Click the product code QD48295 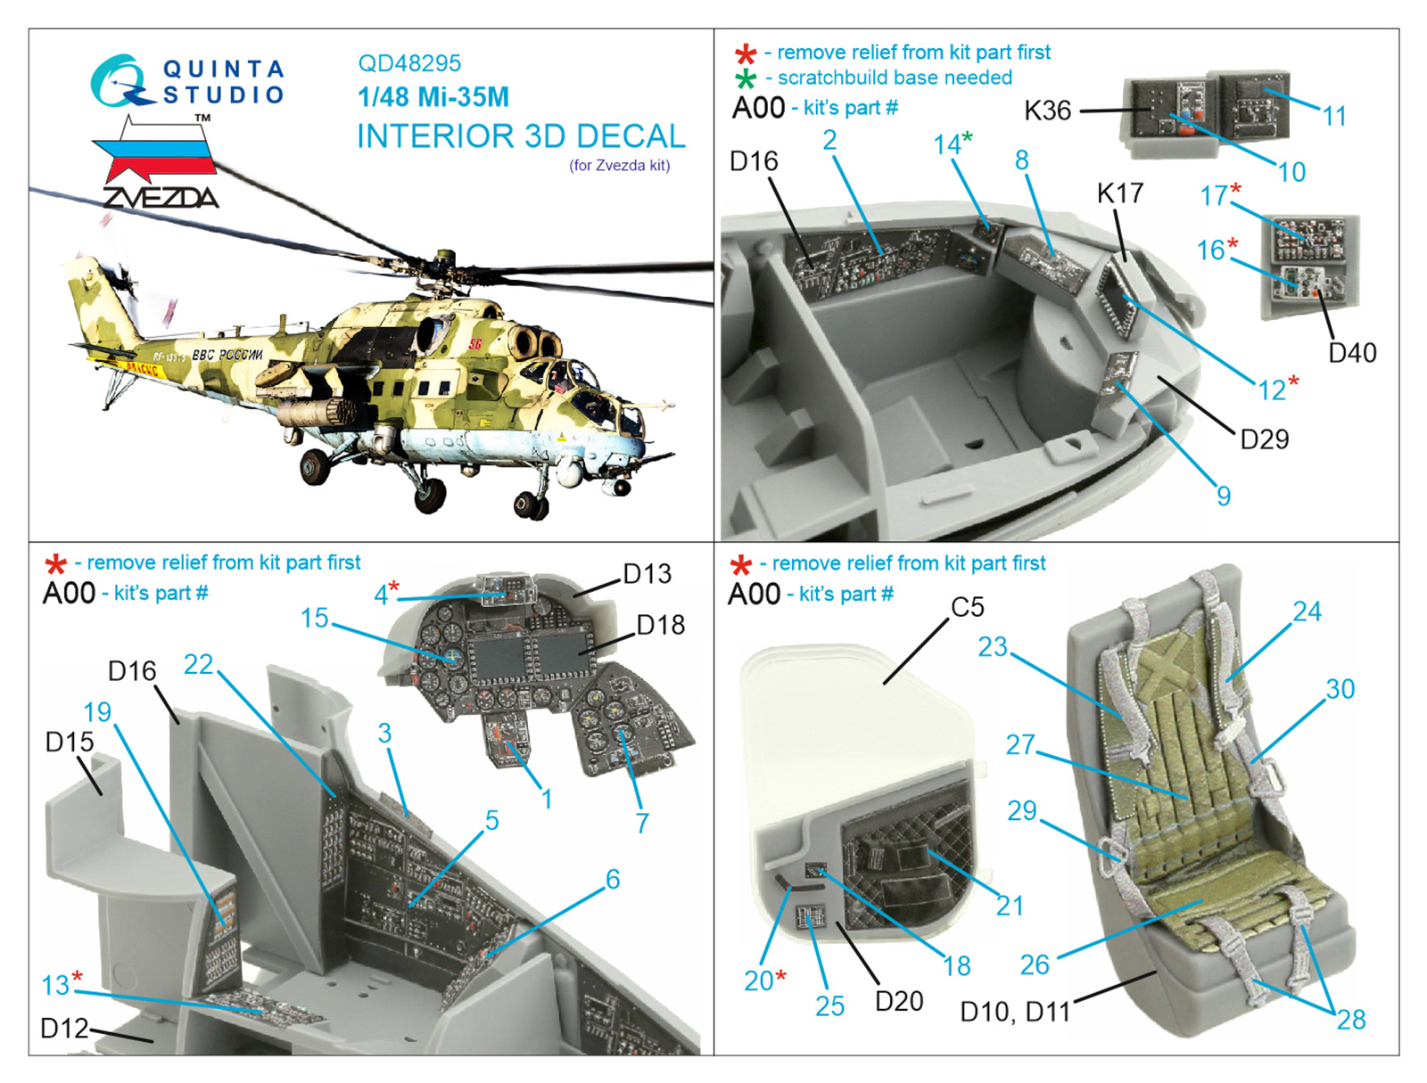pos(408,63)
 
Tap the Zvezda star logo pos(154,161)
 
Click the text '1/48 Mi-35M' pos(433,97)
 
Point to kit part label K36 pos(1047,111)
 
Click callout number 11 pos(1334,116)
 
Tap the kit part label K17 pos(1119,193)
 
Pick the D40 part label pos(1352,353)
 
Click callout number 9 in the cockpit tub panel pos(1224,496)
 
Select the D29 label pos(1265,439)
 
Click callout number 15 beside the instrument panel pos(314,618)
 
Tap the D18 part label pos(661,625)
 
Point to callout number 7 pos(641,823)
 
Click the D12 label pos(64,1028)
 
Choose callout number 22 pos(198,664)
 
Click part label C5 pos(968,607)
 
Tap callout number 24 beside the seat pos(1307,611)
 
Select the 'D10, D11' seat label pos(1015,1013)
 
